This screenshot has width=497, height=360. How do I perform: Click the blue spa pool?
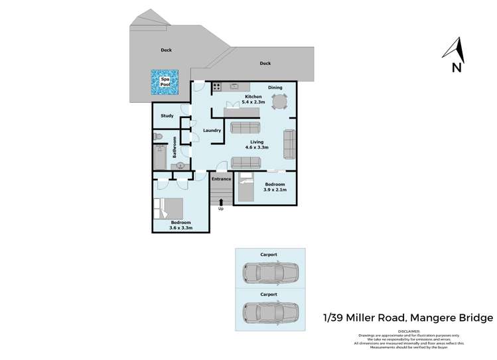coord(165,82)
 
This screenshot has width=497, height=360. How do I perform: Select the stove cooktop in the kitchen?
coord(217,86)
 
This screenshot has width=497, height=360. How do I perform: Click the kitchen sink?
coord(234,86)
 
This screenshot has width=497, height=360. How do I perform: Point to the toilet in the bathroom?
coord(158,137)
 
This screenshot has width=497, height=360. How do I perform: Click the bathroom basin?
coord(179,166)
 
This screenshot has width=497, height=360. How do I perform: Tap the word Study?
coord(167,116)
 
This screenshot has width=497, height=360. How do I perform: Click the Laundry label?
coord(212,131)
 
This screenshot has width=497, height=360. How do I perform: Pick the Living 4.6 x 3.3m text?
coord(257,145)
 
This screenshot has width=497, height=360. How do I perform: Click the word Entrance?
coord(221,178)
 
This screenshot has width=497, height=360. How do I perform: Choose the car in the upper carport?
coord(270,272)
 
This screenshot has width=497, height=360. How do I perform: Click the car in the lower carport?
coord(270,311)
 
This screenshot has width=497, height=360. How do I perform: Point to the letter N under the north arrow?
coord(456,67)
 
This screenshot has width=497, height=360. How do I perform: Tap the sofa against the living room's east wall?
coord(289,145)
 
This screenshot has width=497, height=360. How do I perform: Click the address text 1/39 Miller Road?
coord(366,318)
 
